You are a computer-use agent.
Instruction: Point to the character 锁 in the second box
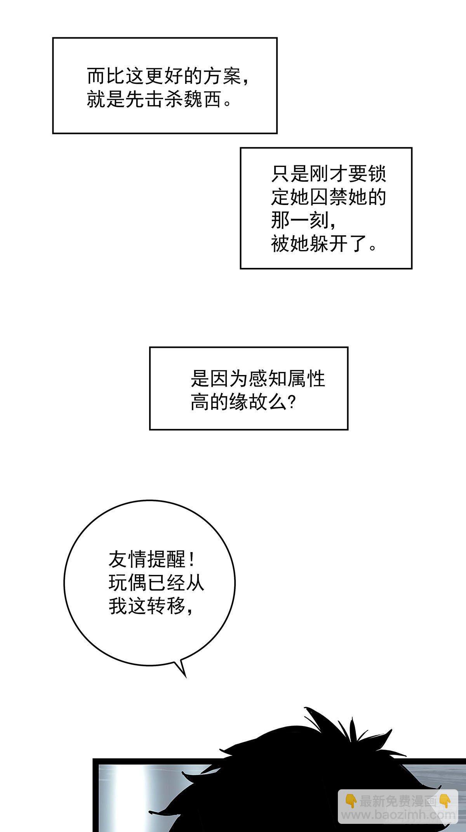(377, 174)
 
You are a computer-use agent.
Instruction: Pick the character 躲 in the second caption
(319, 245)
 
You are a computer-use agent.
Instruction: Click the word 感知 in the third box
(268, 378)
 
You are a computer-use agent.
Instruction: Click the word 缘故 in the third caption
(248, 402)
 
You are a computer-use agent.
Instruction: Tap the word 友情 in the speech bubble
(127, 560)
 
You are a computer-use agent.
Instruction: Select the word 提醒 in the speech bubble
(166, 560)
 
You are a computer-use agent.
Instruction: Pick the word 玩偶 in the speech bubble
(127, 583)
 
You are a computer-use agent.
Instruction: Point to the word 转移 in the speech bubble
(166, 606)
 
